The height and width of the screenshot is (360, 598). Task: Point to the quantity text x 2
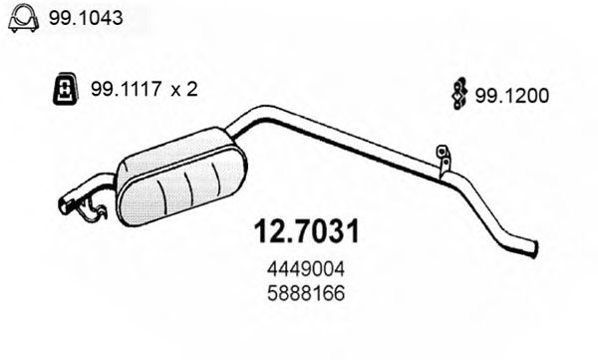tap(182, 90)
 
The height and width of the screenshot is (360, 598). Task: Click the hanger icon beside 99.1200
tap(459, 92)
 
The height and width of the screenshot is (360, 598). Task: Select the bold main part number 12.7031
tap(301, 232)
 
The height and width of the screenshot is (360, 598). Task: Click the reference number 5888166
tap(301, 294)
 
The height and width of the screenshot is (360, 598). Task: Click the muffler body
tap(179, 180)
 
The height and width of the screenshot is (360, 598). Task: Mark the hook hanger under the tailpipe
tap(93, 210)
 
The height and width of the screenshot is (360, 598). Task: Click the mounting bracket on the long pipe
tap(442, 159)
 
